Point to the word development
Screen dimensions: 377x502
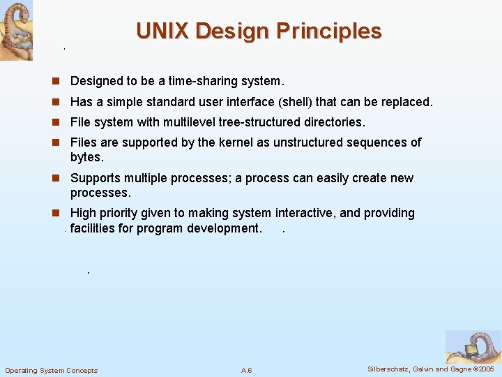tap(225, 228)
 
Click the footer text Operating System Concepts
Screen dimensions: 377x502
tap(52, 370)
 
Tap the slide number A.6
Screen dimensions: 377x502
tap(247, 370)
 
